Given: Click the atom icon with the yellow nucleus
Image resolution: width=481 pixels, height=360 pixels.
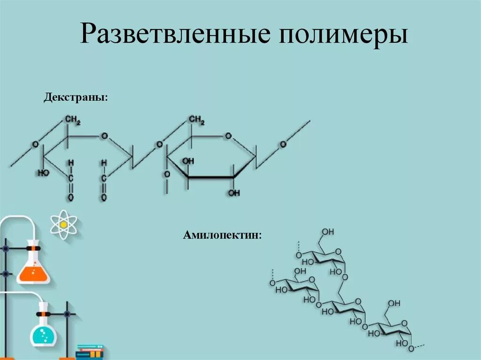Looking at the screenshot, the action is click(63, 224).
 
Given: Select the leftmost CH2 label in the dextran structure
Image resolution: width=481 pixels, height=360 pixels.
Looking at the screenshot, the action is click(73, 121).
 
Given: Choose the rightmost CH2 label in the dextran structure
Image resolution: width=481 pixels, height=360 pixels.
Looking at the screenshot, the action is click(197, 121).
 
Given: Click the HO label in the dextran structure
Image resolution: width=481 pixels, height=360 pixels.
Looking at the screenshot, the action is click(43, 173).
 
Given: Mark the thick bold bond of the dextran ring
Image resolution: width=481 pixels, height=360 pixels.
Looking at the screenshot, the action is click(211, 177).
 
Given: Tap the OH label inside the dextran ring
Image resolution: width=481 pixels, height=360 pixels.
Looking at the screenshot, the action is click(188, 161).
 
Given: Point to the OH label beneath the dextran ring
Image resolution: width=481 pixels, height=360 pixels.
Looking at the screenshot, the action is click(233, 193).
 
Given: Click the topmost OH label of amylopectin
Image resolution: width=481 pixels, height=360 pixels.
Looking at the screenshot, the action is click(328, 232).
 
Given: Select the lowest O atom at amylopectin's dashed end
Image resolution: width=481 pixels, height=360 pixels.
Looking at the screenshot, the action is click(411, 349).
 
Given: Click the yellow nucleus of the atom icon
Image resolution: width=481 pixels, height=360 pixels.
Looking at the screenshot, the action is click(63, 224).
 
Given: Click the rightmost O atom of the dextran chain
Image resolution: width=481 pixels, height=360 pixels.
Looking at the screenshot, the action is click(283, 145).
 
